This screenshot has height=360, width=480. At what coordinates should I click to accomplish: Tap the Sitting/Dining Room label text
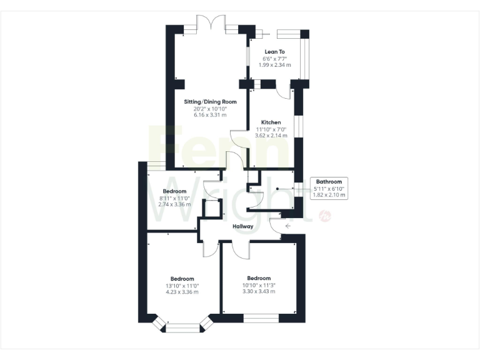click(210, 101)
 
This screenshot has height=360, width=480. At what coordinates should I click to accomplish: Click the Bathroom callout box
click(329, 188)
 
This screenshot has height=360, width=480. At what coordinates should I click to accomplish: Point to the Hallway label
click(242, 226)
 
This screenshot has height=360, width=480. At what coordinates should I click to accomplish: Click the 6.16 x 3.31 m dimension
click(210, 115)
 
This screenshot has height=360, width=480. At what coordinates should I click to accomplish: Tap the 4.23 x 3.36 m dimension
click(182, 292)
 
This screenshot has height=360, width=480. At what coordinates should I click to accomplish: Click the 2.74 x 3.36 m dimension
click(175, 204)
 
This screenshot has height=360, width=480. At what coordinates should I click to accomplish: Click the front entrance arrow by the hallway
click(288, 226)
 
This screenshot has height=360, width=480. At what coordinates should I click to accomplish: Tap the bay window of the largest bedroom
click(183, 324)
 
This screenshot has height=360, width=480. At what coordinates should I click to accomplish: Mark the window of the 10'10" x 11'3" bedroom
click(261, 318)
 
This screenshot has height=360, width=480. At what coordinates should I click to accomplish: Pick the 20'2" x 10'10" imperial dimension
click(210, 108)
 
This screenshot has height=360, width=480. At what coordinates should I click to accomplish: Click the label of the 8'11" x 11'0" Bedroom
click(175, 191)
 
